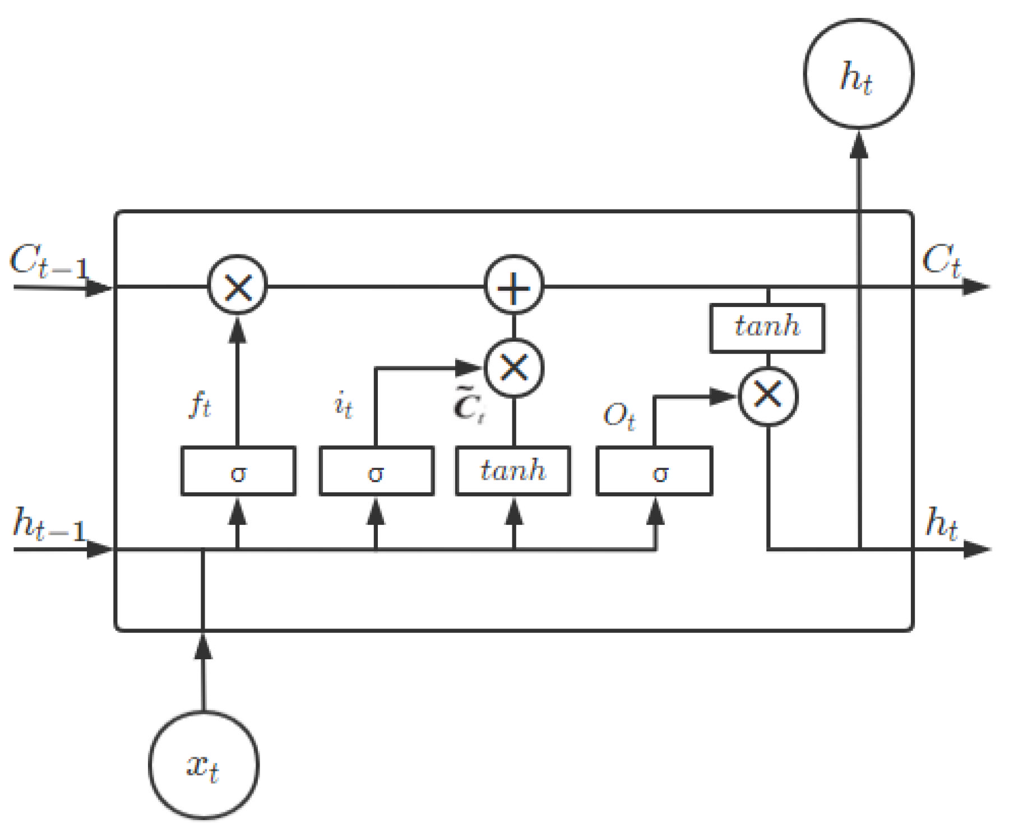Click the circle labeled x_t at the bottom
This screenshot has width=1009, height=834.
click(x=203, y=766)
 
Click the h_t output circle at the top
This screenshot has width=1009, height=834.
click(x=858, y=74)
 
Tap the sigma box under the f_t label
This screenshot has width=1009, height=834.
click(x=238, y=471)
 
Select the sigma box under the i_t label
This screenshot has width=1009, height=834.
click(x=376, y=471)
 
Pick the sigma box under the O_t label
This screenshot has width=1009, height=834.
click(x=654, y=471)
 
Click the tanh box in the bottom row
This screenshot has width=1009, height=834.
click(x=513, y=471)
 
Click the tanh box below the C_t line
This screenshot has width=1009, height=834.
click(x=767, y=328)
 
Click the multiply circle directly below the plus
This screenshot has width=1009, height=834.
click(x=513, y=368)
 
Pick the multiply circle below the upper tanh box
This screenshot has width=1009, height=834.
click(x=768, y=396)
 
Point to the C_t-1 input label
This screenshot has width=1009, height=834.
click(x=49, y=262)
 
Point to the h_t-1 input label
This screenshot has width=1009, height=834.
click(x=49, y=524)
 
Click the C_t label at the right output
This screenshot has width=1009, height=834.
click(x=941, y=260)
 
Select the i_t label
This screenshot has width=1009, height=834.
click(x=343, y=404)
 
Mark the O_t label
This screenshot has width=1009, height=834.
click(x=619, y=417)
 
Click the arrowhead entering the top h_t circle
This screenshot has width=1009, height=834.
click(x=859, y=146)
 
